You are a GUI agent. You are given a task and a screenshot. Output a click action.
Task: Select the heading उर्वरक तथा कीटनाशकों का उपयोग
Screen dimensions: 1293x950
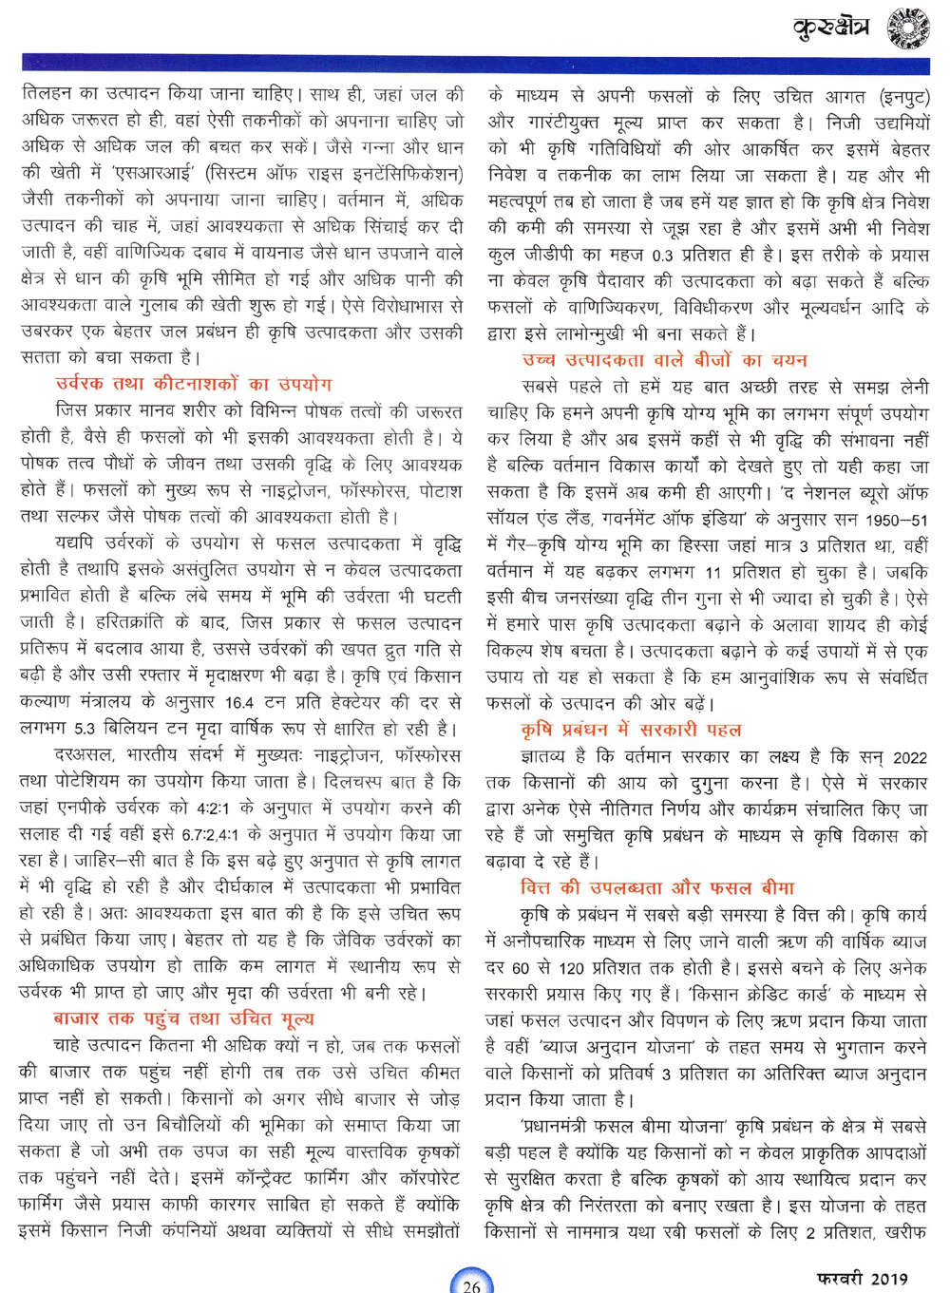coord(194,385)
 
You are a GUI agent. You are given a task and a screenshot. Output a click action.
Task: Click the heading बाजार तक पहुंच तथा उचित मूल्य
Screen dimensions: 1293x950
coord(183,1018)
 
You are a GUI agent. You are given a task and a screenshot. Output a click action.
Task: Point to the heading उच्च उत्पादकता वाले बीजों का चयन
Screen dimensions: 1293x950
coord(664,360)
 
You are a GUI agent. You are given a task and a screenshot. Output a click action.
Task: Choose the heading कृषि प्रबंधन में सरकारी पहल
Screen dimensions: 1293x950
coord(631,730)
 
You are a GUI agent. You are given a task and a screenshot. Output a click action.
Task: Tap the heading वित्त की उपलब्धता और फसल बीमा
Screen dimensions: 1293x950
coord(656,888)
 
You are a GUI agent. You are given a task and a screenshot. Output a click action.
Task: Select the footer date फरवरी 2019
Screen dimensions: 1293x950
coord(862,1279)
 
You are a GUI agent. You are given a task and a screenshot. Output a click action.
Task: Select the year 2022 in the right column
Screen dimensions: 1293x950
coord(909,757)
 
